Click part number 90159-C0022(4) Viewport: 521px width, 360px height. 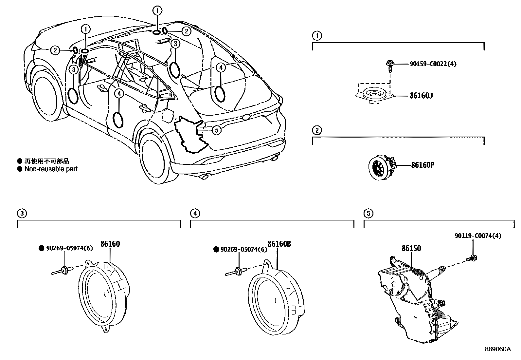pos(433,64)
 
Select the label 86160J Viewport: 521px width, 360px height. pos(421,96)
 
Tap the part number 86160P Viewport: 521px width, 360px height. pos(422,165)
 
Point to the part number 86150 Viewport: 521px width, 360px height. pos(411,248)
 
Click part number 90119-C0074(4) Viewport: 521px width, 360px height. pos(478,236)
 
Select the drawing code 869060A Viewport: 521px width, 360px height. pos(497,349)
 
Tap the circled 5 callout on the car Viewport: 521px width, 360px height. pos(216,130)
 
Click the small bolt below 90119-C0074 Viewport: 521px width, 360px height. pos(472,258)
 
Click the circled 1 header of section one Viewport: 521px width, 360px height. pos(317,35)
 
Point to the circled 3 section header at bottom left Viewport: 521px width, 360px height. pos(22,214)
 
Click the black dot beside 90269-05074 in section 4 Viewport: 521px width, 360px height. pos(216,249)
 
